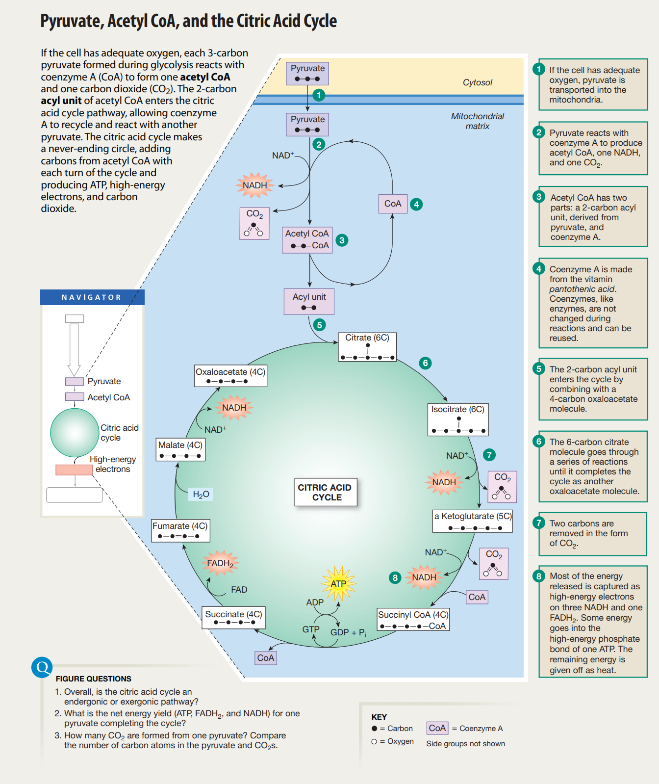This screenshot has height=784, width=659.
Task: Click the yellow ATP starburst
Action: [x=338, y=583]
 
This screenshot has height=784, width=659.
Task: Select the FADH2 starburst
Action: [x=220, y=563]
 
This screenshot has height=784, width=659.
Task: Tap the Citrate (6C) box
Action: [x=367, y=347]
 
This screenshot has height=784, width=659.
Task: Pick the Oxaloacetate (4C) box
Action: [x=230, y=376]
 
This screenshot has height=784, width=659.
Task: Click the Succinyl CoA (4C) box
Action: [x=413, y=620]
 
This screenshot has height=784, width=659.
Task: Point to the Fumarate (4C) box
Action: [x=180, y=530]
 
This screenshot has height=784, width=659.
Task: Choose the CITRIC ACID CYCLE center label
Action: [x=325, y=492]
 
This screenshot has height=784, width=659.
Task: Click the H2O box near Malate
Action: [x=201, y=494]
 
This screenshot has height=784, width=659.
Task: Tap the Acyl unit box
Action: [x=309, y=301]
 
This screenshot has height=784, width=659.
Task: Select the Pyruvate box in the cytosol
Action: [x=307, y=73]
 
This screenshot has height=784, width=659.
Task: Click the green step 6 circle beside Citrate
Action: [x=425, y=363]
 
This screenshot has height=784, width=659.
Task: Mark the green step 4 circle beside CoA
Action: [x=416, y=204]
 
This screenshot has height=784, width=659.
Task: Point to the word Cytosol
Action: [x=477, y=82]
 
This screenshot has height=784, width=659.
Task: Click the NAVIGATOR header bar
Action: [x=92, y=297]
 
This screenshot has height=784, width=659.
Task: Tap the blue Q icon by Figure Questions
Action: [x=42, y=667]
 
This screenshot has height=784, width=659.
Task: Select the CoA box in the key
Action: [x=437, y=728]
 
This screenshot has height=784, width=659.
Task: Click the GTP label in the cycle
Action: [x=311, y=629]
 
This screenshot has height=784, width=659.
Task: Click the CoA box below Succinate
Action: [x=266, y=658]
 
